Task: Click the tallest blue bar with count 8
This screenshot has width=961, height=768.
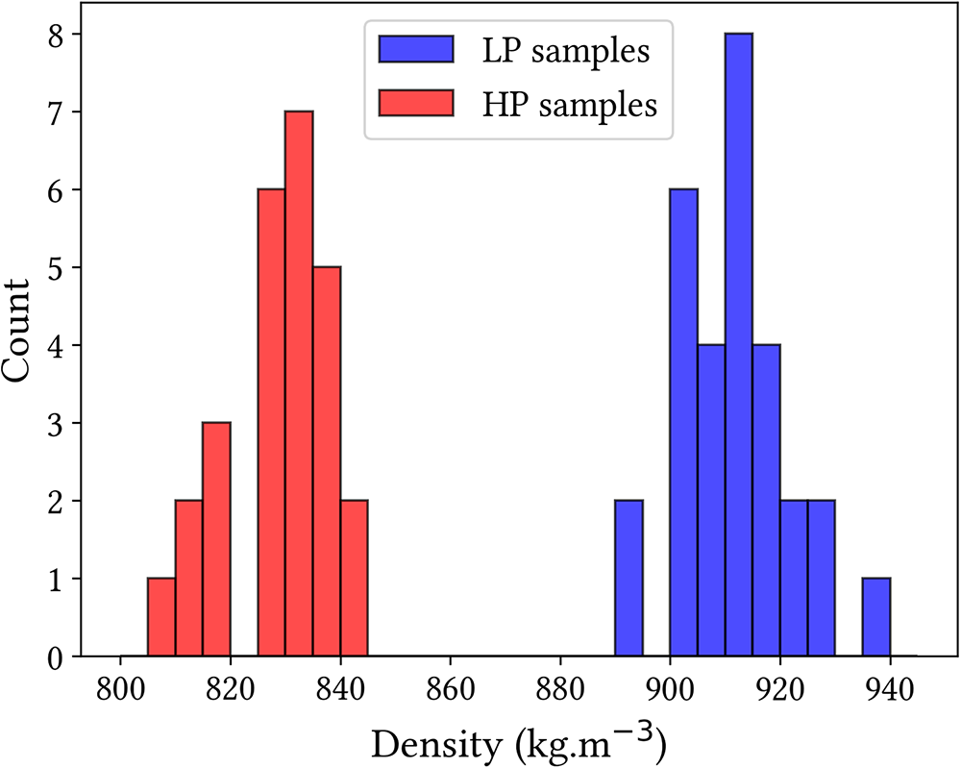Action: (738, 346)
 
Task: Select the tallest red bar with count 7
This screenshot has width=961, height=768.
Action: (299, 384)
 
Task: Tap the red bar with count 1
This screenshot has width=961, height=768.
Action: (161, 618)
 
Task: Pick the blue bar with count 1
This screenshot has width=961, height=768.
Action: (875, 618)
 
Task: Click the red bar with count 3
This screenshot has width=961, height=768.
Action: (216, 540)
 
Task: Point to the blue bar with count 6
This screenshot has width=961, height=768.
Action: (683, 423)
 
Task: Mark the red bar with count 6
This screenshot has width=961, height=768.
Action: (271, 423)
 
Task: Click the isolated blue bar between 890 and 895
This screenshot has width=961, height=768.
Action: (628, 579)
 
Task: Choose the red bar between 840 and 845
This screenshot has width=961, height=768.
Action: (354, 579)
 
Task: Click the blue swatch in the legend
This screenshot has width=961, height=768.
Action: (416, 50)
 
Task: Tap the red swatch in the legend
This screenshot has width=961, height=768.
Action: (416, 104)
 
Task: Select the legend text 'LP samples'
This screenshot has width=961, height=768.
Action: (566, 51)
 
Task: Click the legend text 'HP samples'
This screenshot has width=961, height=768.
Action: (569, 105)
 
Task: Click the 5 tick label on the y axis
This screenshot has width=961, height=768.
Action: (58, 267)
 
